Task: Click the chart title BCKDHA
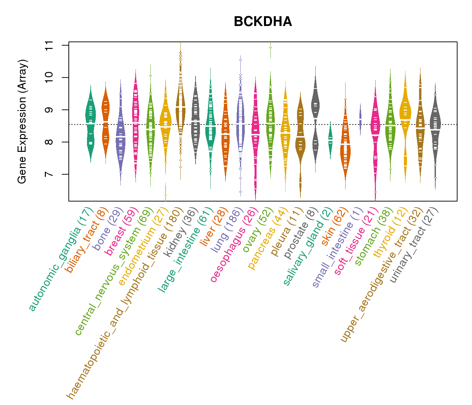(263, 22)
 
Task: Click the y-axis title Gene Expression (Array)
(22, 122)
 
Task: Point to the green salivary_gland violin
(330, 140)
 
